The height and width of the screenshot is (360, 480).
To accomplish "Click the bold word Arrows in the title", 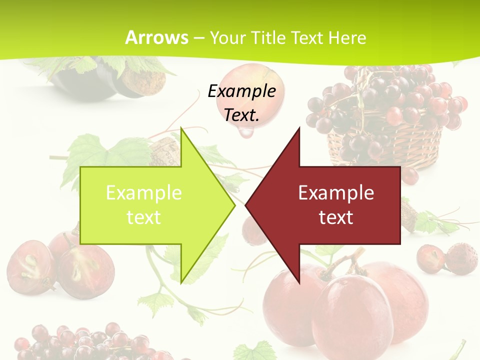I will click(x=156, y=37).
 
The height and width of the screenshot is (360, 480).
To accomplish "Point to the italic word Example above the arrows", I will click(x=241, y=91).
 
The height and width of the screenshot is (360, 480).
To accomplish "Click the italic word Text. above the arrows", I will click(x=241, y=115).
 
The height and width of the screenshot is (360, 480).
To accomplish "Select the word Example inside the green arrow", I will click(x=143, y=192).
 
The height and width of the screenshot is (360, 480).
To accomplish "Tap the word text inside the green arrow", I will click(x=143, y=217).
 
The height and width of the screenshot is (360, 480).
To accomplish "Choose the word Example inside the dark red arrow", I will click(x=336, y=192).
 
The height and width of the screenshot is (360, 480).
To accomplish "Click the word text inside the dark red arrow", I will click(x=336, y=217).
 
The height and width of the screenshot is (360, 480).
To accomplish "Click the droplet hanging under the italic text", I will click(x=245, y=132).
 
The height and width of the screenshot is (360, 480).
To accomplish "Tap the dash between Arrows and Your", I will click(x=198, y=38).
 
